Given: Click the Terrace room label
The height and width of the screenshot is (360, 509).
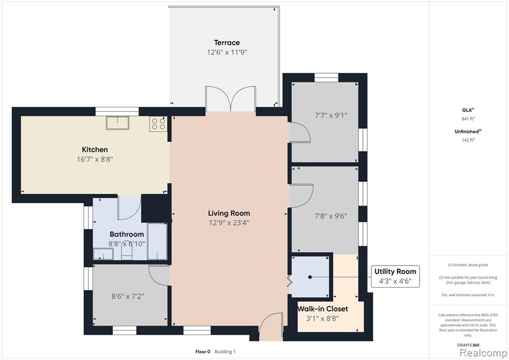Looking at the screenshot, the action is click(x=227, y=43).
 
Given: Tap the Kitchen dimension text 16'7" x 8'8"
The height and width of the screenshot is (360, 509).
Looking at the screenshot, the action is click(x=95, y=159).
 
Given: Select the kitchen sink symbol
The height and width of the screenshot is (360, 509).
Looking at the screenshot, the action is click(x=117, y=123).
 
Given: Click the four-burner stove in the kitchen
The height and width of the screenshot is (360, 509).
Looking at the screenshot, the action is click(x=159, y=124).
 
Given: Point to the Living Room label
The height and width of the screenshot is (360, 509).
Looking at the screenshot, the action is click(x=229, y=213).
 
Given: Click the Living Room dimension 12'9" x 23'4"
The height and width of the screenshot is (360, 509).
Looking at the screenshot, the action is click(x=229, y=223).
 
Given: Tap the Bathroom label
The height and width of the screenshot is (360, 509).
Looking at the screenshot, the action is click(x=127, y=234).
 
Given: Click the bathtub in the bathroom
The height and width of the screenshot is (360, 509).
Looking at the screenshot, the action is click(x=157, y=241).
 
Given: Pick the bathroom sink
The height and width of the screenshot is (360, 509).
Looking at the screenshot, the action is click(x=103, y=254).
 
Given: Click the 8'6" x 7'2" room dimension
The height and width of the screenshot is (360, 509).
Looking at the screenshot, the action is click(x=128, y=296).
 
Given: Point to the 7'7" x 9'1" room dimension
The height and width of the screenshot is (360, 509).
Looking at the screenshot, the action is click(x=331, y=115).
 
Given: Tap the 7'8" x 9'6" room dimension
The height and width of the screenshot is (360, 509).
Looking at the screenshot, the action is click(x=331, y=216).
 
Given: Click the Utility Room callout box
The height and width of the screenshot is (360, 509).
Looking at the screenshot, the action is click(x=395, y=276).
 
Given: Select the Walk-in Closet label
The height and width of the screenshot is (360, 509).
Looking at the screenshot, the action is click(x=323, y=309).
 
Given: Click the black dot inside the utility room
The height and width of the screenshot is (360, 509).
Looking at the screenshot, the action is click(x=310, y=277).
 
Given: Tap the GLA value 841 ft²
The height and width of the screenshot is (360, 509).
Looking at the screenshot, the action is click(x=468, y=119).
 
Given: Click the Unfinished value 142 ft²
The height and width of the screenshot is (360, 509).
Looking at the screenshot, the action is click(x=468, y=140).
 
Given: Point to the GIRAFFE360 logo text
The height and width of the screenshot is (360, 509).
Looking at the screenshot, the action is click(x=467, y=345).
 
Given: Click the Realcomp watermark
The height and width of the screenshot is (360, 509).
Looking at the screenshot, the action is click(x=483, y=353).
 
